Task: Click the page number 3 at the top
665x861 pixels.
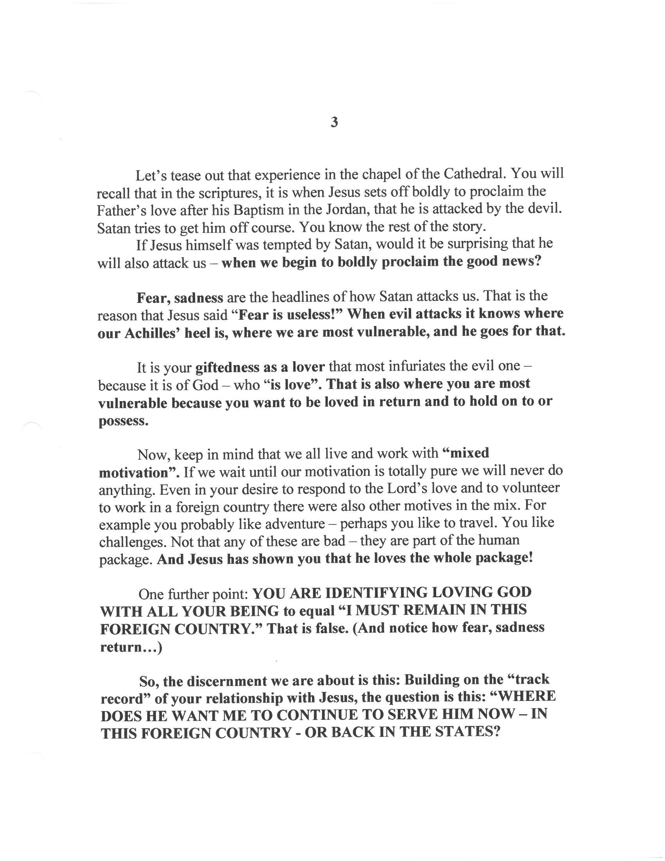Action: tap(334, 123)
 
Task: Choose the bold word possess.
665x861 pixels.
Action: tap(123, 421)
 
